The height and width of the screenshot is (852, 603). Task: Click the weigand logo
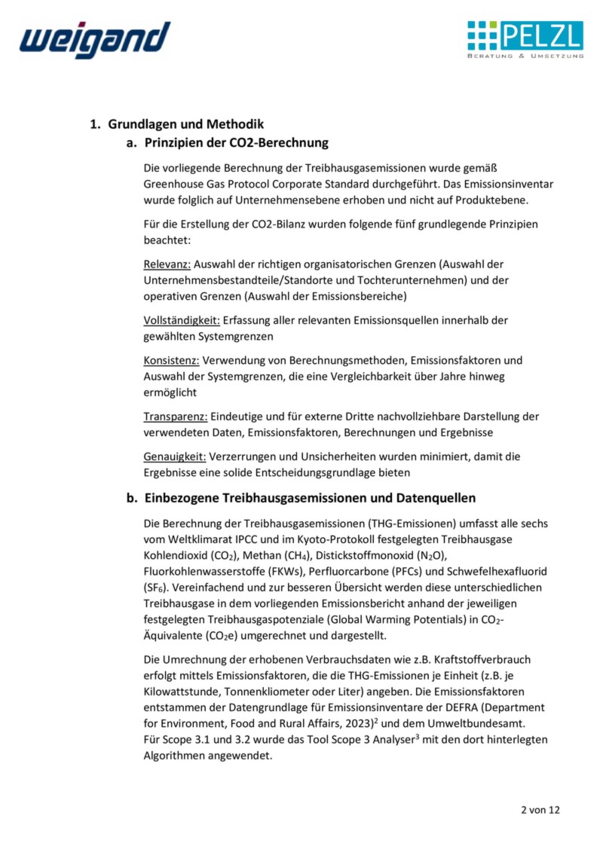tap(95, 39)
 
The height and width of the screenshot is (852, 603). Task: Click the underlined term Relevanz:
tap(167, 264)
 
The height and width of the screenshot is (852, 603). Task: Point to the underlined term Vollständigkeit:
tap(182, 320)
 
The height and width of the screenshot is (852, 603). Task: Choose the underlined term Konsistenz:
tap(171, 360)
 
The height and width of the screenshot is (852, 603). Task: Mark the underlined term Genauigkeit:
tap(174, 457)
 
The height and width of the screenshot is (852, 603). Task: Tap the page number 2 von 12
tap(540, 811)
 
